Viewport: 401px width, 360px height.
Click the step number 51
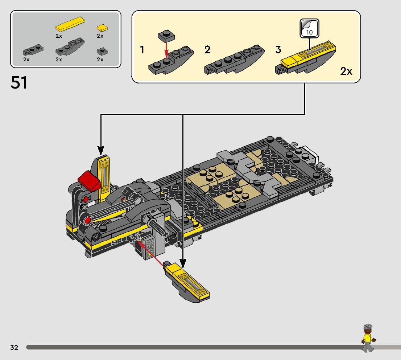click(x=19, y=83)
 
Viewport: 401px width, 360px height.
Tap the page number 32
click(x=14, y=348)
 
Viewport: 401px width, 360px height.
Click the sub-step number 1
click(x=142, y=50)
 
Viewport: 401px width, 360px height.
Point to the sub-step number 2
click(x=207, y=50)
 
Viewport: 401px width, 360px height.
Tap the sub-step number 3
click(x=278, y=50)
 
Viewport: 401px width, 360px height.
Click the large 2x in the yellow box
click(x=346, y=71)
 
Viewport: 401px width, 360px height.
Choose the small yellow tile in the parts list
click(x=102, y=28)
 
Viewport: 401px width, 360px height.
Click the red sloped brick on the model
click(x=89, y=181)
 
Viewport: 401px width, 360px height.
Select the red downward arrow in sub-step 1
click(x=166, y=49)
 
